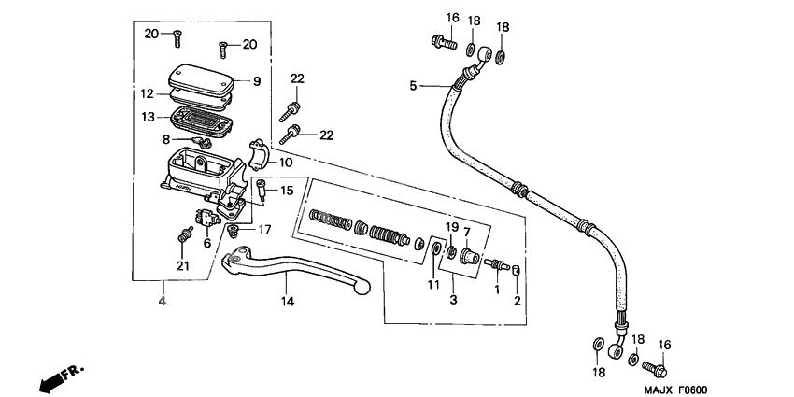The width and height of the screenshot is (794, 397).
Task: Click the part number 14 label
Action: pyautogui.click(x=288, y=302)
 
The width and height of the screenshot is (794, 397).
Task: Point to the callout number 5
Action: pyautogui.click(x=413, y=87)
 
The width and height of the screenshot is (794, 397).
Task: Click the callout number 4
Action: pyautogui.click(x=162, y=302)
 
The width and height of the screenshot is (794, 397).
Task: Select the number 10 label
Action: pyautogui.click(x=286, y=162)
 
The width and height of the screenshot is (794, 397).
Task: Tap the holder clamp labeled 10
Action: pyautogui.click(x=259, y=152)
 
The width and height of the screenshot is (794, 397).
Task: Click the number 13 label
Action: pyautogui.click(x=149, y=117)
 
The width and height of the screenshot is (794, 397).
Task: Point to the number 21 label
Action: pyautogui.click(x=183, y=267)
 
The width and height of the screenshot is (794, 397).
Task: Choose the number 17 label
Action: pyautogui.click(x=264, y=229)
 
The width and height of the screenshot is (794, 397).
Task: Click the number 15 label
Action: pyautogui.click(x=286, y=191)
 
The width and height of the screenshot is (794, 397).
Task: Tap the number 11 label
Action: pyautogui.click(x=432, y=284)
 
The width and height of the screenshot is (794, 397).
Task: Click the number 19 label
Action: pyautogui.click(x=450, y=227)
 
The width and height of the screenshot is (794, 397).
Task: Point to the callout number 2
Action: pyautogui.click(x=517, y=301)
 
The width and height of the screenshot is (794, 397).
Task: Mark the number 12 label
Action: pyautogui.click(x=149, y=93)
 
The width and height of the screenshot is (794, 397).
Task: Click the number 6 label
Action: pyautogui.click(x=207, y=244)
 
